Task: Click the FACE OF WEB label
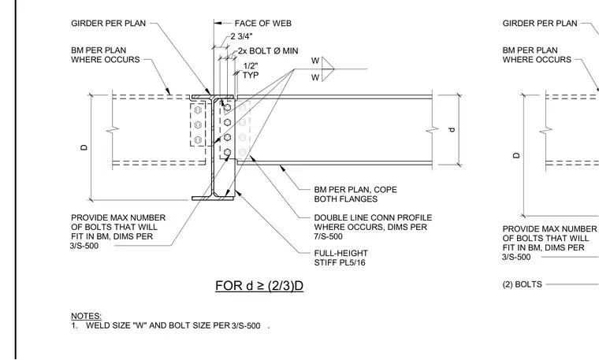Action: [262, 24]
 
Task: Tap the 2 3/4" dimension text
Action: [241, 36]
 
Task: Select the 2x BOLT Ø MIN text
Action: [268, 50]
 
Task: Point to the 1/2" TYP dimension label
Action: [251, 71]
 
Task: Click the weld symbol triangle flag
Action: [328, 69]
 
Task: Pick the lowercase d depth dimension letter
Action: [452, 129]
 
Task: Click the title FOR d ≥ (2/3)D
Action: [259, 285]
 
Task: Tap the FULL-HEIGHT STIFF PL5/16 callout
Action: [340, 258]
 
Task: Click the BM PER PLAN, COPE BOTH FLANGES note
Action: [355, 195]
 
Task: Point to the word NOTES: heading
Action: [87, 316]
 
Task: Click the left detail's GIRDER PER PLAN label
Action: [109, 24]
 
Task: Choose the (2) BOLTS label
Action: [523, 284]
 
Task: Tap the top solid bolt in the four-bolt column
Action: [227, 108]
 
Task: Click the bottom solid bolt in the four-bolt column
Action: [227, 153]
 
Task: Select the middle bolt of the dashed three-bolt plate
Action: [198, 124]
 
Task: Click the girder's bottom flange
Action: [213, 199]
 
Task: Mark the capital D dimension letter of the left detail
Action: [84, 147]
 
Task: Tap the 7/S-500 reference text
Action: [328, 236]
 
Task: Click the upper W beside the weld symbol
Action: [314, 61]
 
